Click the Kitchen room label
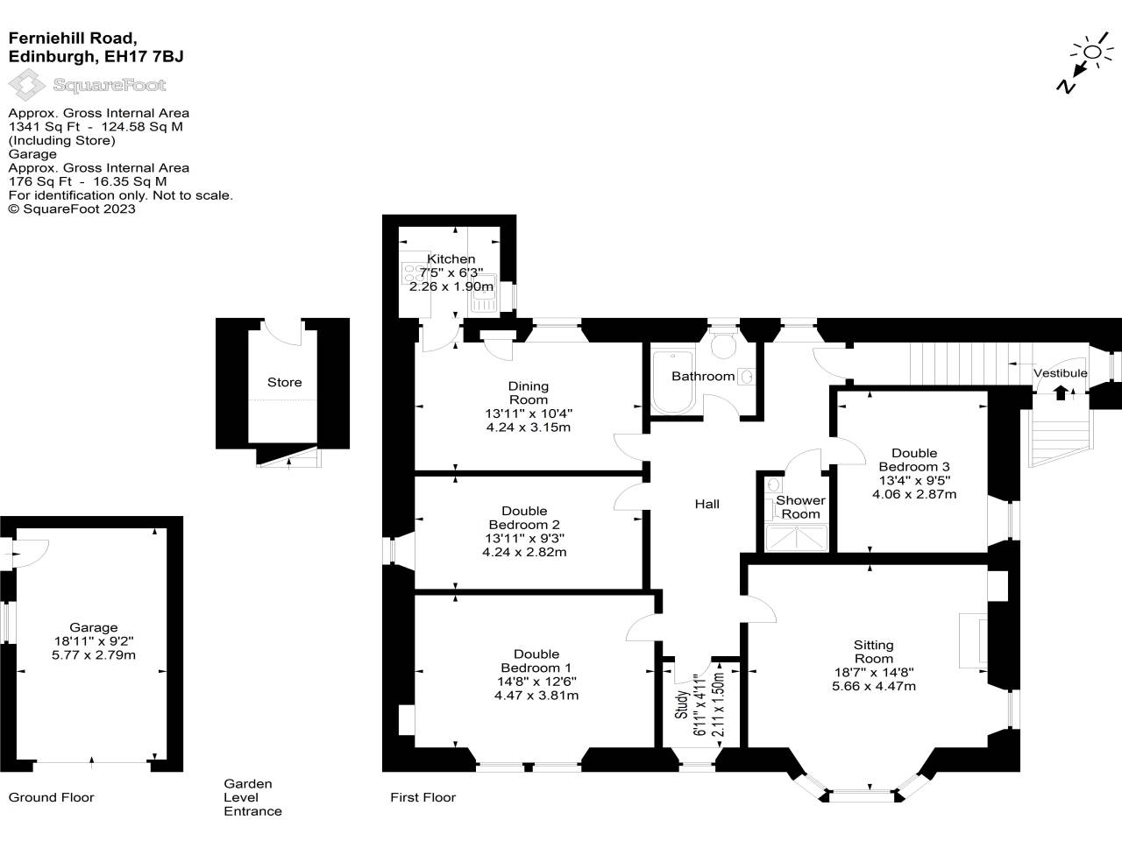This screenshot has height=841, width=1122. [x=451, y=259]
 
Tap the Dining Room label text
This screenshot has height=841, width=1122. [x=528, y=392]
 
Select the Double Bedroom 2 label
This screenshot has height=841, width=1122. [x=524, y=518]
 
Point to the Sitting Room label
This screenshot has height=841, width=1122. [x=873, y=652]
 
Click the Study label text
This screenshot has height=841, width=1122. [x=682, y=704]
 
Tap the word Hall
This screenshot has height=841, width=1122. [x=707, y=504]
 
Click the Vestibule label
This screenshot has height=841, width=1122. [x=1060, y=373]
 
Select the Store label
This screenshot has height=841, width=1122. [x=284, y=382]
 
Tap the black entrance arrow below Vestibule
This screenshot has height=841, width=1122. [x=1061, y=392]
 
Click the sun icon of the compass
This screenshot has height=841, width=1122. [x=1092, y=52]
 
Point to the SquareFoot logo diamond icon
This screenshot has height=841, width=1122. [x=26, y=85]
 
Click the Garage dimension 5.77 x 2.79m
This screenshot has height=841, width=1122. [x=94, y=654]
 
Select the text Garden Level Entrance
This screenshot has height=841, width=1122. [x=252, y=797]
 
